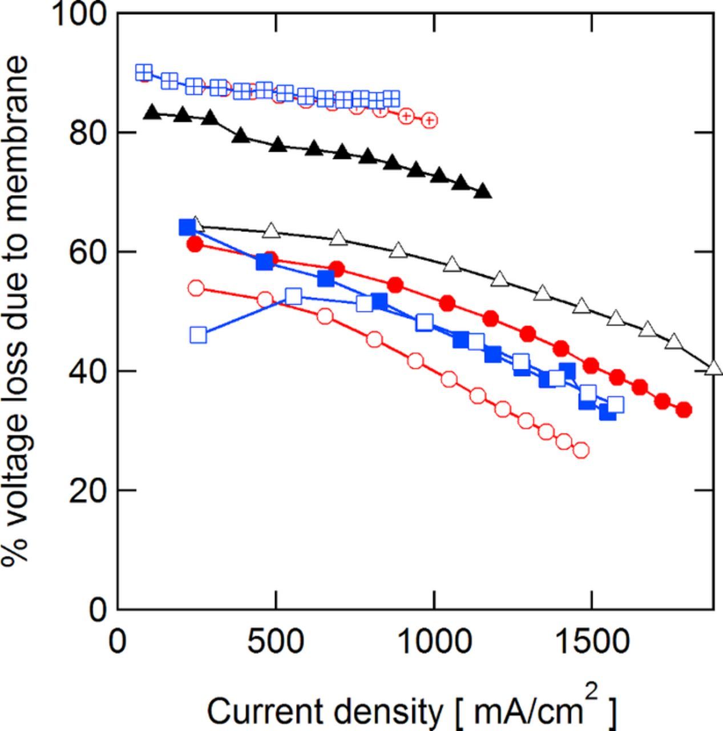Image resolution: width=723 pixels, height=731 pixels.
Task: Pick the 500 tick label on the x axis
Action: click(x=276, y=642)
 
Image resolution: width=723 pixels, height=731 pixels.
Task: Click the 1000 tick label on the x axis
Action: click(x=434, y=642)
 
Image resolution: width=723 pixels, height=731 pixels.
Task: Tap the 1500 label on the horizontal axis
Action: click(x=592, y=642)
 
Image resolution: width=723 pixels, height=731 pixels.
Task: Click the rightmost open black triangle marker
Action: click(x=714, y=367)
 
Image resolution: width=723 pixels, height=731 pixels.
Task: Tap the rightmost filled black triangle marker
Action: click(x=483, y=191)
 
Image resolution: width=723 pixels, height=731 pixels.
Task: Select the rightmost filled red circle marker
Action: click(x=684, y=409)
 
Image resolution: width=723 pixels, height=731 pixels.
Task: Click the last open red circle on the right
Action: click(x=581, y=451)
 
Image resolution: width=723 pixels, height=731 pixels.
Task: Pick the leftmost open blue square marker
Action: click(x=198, y=335)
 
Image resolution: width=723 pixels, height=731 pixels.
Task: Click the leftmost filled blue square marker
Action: click(x=187, y=227)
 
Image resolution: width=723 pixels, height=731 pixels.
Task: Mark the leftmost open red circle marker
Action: click(x=196, y=288)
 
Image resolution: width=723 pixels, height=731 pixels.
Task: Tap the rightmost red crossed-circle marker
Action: click(x=429, y=120)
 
